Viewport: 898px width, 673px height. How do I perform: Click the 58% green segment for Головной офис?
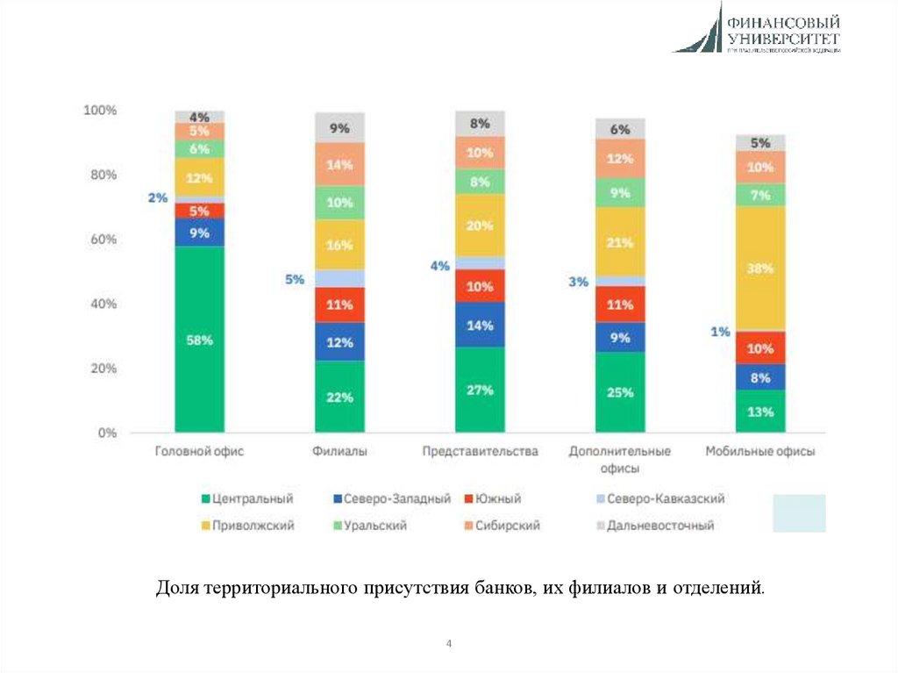point(199,340)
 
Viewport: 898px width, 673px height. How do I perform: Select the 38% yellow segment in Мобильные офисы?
point(760,268)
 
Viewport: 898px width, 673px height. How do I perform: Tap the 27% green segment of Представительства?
point(480,390)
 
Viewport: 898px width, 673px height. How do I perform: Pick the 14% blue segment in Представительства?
point(480,324)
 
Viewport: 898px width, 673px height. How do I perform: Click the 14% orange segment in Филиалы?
point(339,164)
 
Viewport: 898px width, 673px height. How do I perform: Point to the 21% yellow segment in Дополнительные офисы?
point(620,242)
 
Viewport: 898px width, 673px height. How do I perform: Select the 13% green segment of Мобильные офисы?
point(760,412)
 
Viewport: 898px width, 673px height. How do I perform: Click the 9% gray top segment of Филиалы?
point(339,128)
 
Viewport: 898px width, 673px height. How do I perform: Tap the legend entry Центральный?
point(249,498)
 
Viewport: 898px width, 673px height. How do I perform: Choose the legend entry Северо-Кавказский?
point(659,498)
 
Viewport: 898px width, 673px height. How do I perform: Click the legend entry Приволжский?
point(249,526)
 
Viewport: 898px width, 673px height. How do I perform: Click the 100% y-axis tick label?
point(99,111)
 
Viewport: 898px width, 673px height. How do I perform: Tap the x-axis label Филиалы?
point(339,452)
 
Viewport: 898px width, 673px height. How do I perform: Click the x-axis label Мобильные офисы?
point(760,452)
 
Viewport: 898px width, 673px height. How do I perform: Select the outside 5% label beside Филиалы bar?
point(294,280)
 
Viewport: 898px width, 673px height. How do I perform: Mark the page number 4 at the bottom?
point(449,645)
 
